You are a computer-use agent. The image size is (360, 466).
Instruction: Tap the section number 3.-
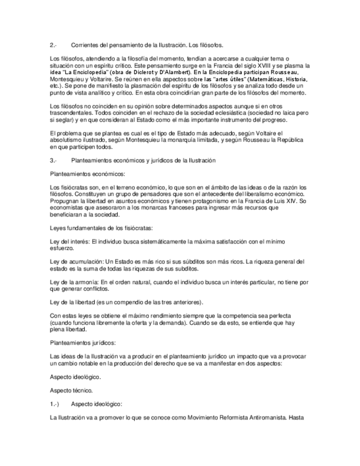tap(53, 160)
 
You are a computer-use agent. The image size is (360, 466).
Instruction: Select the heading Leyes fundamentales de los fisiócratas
tap(102, 228)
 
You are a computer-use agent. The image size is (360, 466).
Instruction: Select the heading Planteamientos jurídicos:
tap(83, 342)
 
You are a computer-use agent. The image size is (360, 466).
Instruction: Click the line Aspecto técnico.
tap(71, 390)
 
